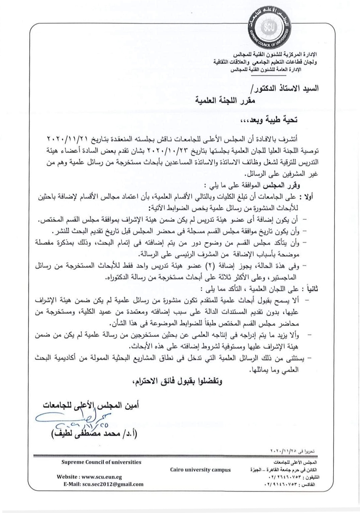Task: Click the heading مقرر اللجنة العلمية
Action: pyautogui.click(x=225, y=100)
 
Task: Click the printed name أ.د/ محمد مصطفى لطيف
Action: pyautogui.click(x=94, y=434)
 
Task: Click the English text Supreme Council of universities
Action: pyautogui.click(x=101, y=462)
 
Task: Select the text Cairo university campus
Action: pyautogui.click(x=200, y=470)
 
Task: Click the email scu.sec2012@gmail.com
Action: pyautogui.click(x=113, y=484)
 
